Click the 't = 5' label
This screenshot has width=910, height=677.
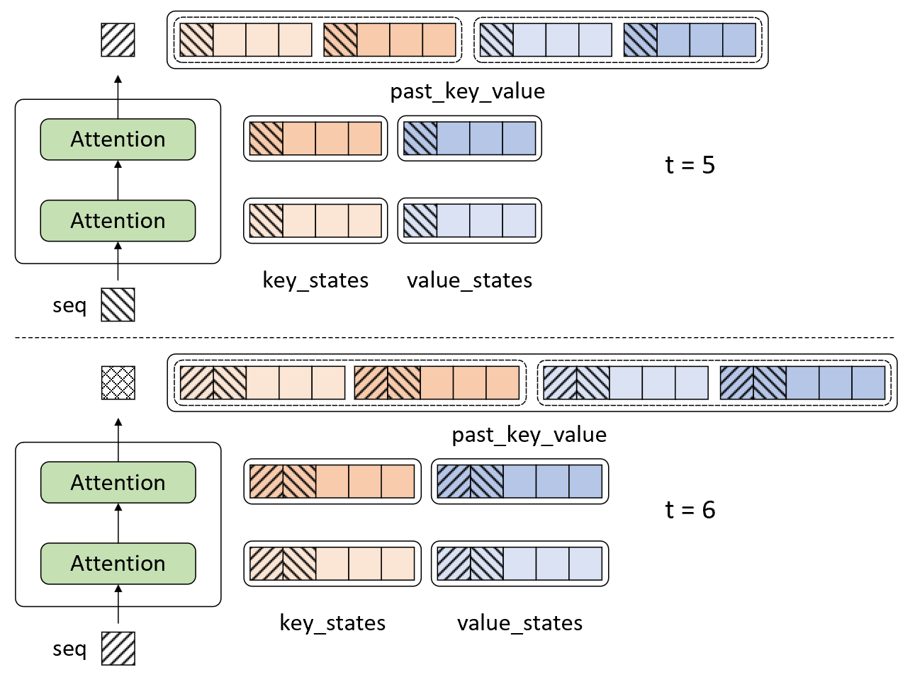point(690,165)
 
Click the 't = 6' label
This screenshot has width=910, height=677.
point(690,510)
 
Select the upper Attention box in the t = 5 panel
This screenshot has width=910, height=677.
point(118,140)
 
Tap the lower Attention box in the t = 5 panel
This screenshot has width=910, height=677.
point(118,221)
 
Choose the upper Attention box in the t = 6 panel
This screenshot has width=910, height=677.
point(118,482)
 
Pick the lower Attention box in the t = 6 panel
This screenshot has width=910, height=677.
point(118,564)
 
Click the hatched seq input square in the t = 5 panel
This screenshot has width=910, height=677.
point(118,305)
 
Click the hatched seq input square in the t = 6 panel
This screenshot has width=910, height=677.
point(118,648)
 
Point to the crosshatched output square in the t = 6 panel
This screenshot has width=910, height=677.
point(118,382)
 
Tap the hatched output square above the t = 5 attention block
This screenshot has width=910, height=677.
point(118,40)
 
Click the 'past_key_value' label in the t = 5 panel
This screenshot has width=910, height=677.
point(467,92)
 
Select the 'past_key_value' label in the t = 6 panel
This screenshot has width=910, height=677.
point(529,435)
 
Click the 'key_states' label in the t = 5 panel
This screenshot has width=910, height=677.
point(315,281)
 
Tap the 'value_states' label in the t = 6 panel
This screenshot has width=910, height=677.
point(519,623)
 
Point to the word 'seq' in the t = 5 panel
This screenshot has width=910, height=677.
point(69,306)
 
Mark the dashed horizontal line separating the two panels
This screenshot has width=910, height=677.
point(454,338)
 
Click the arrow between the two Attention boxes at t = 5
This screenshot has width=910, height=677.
point(118,180)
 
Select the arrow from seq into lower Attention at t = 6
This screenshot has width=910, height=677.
point(118,604)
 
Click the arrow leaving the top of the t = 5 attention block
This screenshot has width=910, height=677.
point(118,97)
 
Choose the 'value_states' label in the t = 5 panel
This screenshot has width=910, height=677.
point(469,280)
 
